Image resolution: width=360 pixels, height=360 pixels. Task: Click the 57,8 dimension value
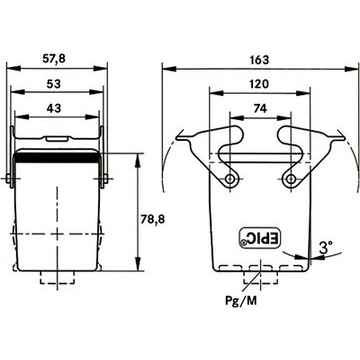click(x=54, y=59)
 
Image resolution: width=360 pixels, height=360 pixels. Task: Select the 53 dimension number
click(x=54, y=84)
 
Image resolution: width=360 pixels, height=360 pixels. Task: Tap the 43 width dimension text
click(x=54, y=108)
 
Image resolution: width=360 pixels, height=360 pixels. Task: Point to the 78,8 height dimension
click(x=152, y=219)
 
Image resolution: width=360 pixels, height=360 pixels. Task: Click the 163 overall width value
click(x=259, y=60)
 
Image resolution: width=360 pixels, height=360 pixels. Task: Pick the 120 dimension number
click(x=259, y=84)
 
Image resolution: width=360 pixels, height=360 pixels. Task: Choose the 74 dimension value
click(x=260, y=108)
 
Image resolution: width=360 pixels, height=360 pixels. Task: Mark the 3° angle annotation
click(x=326, y=248)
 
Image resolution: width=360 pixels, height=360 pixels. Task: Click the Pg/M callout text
click(x=241, y=301)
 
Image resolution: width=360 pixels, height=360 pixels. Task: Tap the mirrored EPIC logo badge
click(x=260, y=238)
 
